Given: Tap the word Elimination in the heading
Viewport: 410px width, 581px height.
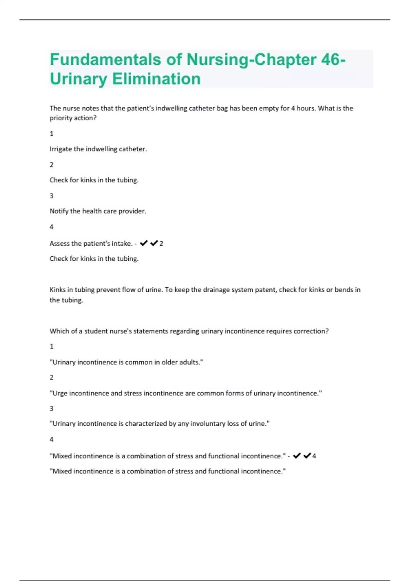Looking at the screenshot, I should click(156, 79).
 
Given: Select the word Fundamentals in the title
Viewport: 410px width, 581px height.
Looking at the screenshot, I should click(105, 59).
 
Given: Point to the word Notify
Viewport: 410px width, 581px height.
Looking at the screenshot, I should click(59, 211).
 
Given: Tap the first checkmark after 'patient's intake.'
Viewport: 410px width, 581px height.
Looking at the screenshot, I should click(144, 243).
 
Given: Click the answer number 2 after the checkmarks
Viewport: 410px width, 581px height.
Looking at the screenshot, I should click(161, 244).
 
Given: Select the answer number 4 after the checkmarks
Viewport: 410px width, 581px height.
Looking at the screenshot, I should click(314, 456).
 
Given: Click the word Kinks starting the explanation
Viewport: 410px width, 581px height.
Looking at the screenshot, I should click(57, 290).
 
